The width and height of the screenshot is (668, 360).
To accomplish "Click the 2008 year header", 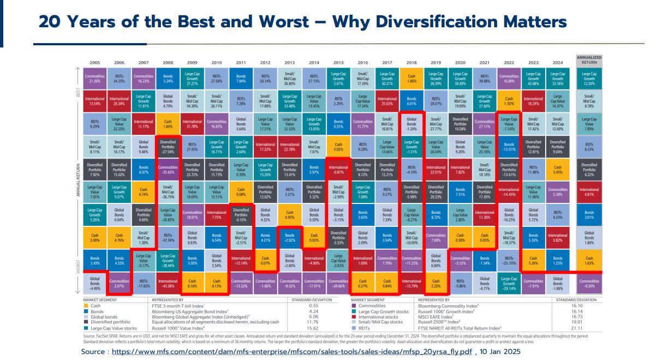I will point(169,63).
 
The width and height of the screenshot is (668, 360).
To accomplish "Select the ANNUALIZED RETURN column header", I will point(588,59).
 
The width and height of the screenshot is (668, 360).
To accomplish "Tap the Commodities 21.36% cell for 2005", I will point(95,77).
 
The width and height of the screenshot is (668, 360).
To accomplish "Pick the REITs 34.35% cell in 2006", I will point(119,77).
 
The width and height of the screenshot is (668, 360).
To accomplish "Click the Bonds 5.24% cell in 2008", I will point(169,77).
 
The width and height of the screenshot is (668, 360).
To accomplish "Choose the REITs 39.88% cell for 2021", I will point(485,77).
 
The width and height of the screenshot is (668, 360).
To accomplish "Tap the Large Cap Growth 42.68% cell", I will point(534,77).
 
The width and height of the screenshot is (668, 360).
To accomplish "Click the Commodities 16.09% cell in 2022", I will point(509,77).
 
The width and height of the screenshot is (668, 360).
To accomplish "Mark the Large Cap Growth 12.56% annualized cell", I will point(589,77).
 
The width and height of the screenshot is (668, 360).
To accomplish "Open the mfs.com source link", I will point(292,352).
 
